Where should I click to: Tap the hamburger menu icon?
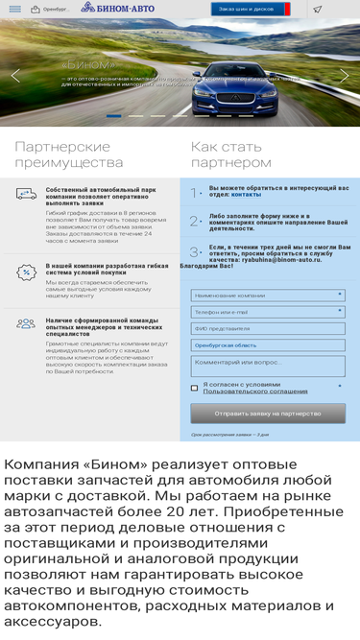point(15,9)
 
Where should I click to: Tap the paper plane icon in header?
point(318,9)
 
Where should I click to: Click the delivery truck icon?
point(26,194)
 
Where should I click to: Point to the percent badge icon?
point(26,273)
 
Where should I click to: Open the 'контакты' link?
point(246,195)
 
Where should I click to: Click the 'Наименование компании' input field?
point(267,296)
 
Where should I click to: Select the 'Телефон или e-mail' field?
point(267,312)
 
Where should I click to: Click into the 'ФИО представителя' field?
point(267,328)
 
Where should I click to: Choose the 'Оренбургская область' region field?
point(267,344)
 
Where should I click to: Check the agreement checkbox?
point(195,388)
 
